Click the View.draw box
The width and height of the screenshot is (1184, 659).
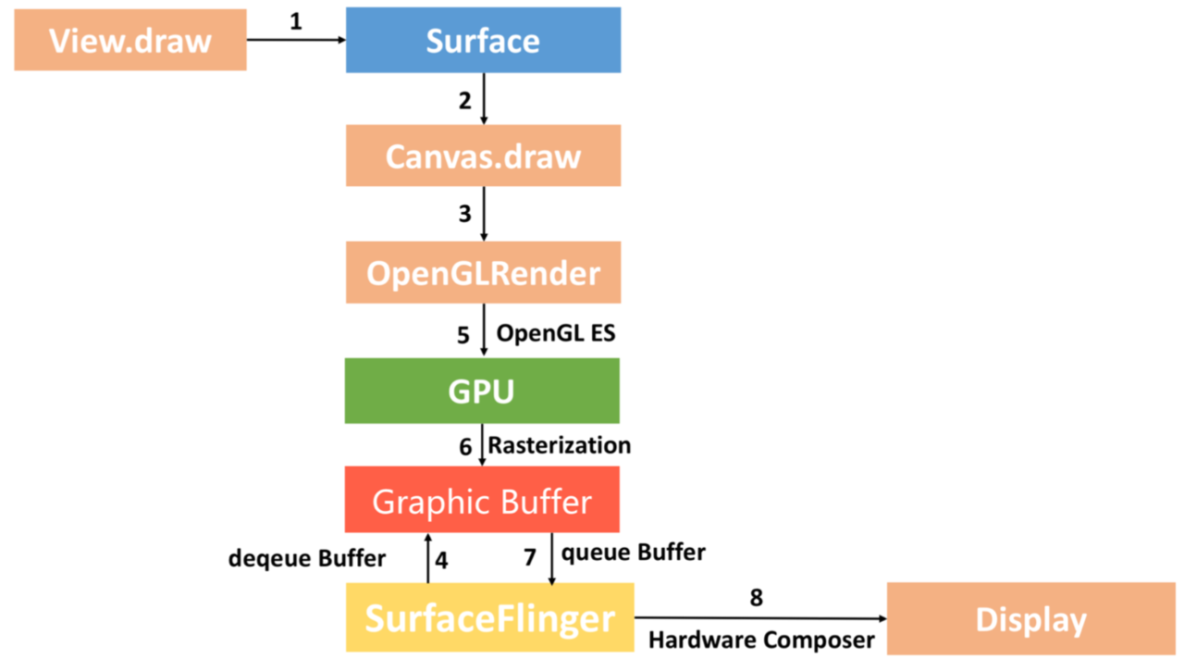(130, 40)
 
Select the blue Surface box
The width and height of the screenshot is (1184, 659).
(483, 40)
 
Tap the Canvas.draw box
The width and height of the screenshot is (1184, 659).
(483, 155)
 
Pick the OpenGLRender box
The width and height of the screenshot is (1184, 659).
(483, 272)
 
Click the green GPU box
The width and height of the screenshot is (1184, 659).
(482, 391)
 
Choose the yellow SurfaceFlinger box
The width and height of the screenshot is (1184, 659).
(489, 616)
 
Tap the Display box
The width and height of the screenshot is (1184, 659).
(1030, 618)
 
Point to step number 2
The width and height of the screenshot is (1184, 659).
(464, 101)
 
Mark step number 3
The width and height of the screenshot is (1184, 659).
(464, 215)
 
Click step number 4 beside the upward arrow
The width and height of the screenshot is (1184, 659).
(441, 560)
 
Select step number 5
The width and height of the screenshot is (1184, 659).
(463, 334)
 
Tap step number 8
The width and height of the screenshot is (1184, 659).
(757, 598)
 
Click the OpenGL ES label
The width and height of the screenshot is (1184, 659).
(555, 332)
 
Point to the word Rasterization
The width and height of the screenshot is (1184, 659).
(560, 445)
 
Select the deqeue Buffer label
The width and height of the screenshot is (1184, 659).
(306, 559)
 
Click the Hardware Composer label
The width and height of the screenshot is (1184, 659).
(760, 640)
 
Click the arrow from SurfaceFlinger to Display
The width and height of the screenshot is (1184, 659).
(758, 618)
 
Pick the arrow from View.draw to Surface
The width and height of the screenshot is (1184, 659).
(296, 40)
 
